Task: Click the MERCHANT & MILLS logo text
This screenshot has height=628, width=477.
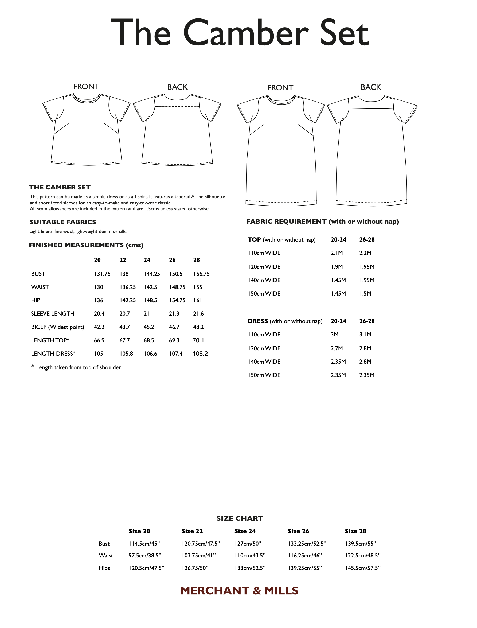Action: pyautogui.click(x=239, y=591)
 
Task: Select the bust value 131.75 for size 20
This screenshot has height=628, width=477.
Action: pyautogui.click(x=102, y=274)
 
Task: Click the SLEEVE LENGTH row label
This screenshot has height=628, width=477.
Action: pyautogui.click(x=53, y=313)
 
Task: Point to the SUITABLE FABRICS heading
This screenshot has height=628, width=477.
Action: pyautogui.click(x=63, y=222)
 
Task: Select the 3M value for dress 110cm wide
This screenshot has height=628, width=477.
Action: pyautogui.click(x=334, y=334)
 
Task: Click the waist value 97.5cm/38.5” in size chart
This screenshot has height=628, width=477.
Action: pyautogui.click(x=145, y=555)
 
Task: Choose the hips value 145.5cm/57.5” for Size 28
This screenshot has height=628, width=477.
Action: pyautogui.click(x=363, y=568)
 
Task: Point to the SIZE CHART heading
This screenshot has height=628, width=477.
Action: pyautogui.click(x=239, y=518)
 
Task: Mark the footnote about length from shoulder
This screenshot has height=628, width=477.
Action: pyautogui.click(x=77, y=367)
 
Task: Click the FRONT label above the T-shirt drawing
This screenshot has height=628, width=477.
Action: pyautogui.click(x=86, y=87)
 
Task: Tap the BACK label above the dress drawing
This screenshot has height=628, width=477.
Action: pyautogui.click(x=370, y=87)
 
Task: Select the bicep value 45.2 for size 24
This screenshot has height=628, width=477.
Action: pyautogui.click(x=148, y=327)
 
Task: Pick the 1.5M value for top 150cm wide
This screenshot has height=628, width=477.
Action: pyautogui.click(x=365, y=293)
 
